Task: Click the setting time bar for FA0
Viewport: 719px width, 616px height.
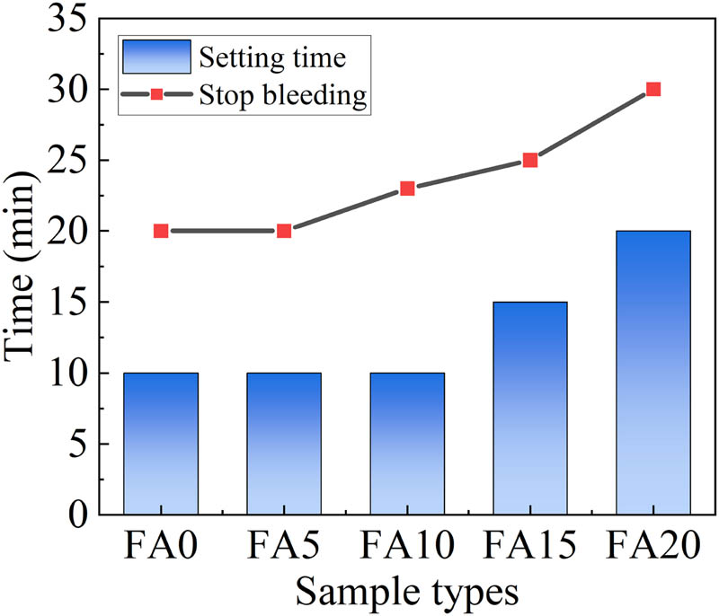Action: tap(161, 443)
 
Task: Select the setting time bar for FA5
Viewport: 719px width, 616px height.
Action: tap(284, 443)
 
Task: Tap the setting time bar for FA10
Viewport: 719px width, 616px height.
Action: tap(407, 443)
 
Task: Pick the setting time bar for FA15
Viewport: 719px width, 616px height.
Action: tap(530, 408)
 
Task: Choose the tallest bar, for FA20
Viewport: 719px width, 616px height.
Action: tap(653, 373)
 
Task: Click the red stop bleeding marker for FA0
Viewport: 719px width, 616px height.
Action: tap(161, 231)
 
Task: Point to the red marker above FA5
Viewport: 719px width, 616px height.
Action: tap(284, 231)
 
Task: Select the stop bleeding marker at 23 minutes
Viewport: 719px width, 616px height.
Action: tap(407, 189)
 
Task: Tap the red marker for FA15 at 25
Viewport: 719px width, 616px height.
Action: tap(530, 160)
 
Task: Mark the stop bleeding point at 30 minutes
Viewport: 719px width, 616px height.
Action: tap(653, 89)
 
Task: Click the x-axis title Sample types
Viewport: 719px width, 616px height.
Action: tap(407, 592)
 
